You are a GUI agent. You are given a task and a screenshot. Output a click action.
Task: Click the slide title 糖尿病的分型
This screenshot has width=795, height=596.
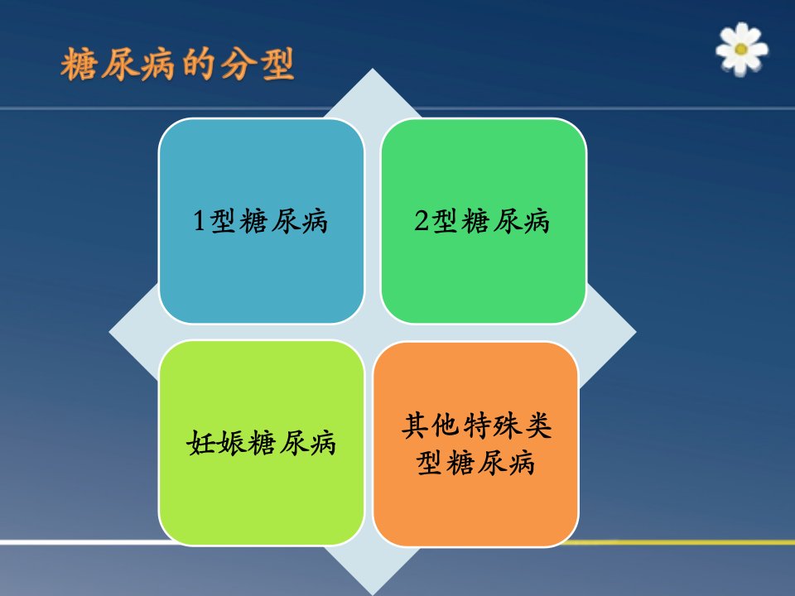[177, 65]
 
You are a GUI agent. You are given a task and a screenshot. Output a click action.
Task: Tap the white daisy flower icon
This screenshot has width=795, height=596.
[741, 49]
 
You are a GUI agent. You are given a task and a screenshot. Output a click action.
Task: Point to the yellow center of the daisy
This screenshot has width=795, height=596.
[740, 49]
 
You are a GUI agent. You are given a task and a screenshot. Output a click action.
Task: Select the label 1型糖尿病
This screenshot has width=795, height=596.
[261, 221]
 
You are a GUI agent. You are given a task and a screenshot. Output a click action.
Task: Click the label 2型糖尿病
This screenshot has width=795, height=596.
[482, 221]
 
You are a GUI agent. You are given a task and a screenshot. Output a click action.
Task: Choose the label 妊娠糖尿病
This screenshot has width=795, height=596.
[261, 443]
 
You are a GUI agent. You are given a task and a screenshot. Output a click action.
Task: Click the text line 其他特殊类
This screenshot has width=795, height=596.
[477, 425]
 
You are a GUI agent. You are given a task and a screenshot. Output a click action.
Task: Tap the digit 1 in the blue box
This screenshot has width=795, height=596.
[200, 221]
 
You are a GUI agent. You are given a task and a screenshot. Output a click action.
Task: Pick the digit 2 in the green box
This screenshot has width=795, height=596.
[422, 221]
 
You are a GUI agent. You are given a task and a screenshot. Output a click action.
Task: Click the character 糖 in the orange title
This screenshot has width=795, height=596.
[78, 65]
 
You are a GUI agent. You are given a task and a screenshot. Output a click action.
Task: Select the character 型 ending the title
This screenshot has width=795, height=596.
[277, 65]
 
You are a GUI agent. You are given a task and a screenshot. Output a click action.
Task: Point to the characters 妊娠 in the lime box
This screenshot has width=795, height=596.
[216, 443]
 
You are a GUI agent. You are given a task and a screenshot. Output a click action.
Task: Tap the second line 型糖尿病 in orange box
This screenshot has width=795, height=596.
[475, 462]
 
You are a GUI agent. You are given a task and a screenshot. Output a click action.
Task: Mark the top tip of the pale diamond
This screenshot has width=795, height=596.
[373, 69]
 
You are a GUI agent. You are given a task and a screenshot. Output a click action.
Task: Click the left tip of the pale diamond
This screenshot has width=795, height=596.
[109, 332]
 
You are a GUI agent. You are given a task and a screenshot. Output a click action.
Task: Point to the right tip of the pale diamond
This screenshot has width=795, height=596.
[636, 332]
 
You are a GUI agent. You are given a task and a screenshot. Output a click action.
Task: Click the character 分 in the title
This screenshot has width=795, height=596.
[238, 65]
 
